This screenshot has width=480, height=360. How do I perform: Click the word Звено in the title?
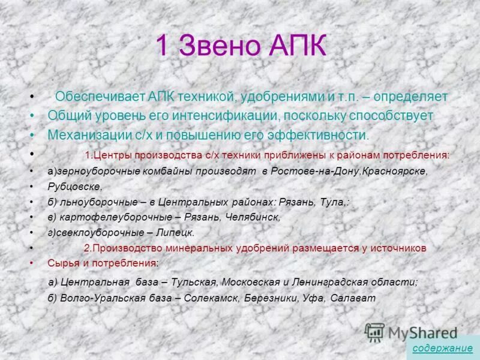point(218,47)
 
